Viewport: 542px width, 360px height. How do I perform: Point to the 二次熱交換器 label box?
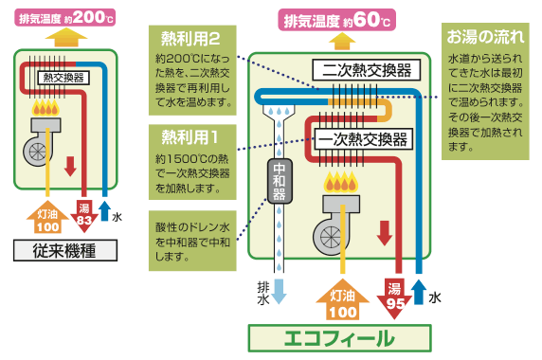(362, 70)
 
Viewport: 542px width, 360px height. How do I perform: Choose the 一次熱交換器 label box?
(362, 139)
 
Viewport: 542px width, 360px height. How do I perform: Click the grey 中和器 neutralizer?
(278, 181)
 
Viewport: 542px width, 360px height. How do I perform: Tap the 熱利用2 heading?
(192, 39)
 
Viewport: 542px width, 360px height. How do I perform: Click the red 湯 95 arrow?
(395, 297)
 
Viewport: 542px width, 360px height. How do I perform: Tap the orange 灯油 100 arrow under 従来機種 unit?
(47, 218)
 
